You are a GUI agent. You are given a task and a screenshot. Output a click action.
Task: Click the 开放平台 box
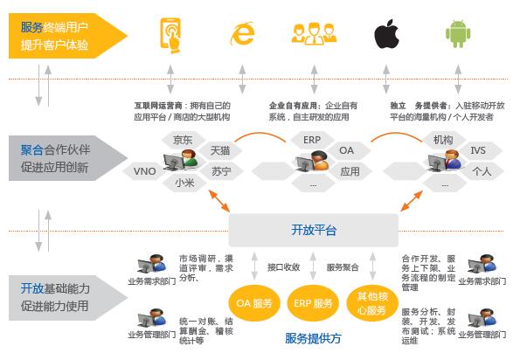pos(313,230)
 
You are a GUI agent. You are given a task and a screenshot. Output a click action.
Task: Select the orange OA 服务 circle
pos(254,302)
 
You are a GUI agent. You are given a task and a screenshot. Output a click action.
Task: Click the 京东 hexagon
pos(183,139)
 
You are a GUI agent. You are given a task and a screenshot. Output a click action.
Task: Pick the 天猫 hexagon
pos(219,150)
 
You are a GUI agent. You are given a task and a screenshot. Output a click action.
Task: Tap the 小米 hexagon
pos(184,183)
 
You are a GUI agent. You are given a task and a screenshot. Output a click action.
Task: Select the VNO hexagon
pos(145,171)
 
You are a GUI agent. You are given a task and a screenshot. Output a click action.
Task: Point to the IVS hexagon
pos(478,150)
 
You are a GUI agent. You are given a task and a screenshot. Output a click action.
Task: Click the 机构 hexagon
pos(443,139)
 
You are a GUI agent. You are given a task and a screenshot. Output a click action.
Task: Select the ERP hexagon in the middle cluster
pos(312,139)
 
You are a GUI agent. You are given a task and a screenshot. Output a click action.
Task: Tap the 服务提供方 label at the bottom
pos(313,338)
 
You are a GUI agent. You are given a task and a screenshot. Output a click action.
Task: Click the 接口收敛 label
pos(283,267)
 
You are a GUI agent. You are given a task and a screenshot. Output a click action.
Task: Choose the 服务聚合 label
pos(343,267)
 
